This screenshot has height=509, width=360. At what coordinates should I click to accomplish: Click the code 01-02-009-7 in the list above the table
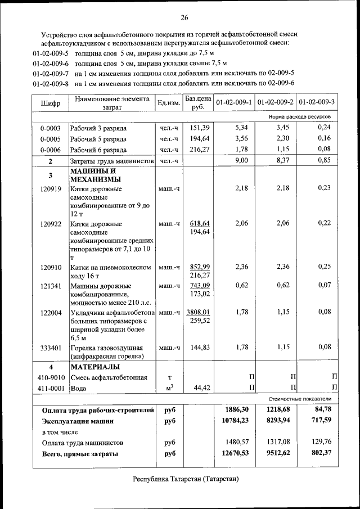click(50, 74)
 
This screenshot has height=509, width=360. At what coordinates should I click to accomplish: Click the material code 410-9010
click(50, 377)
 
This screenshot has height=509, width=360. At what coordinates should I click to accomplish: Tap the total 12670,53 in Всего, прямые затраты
click(235, 453)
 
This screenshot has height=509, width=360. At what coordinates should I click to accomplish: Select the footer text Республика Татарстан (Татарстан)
click(186, 479)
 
